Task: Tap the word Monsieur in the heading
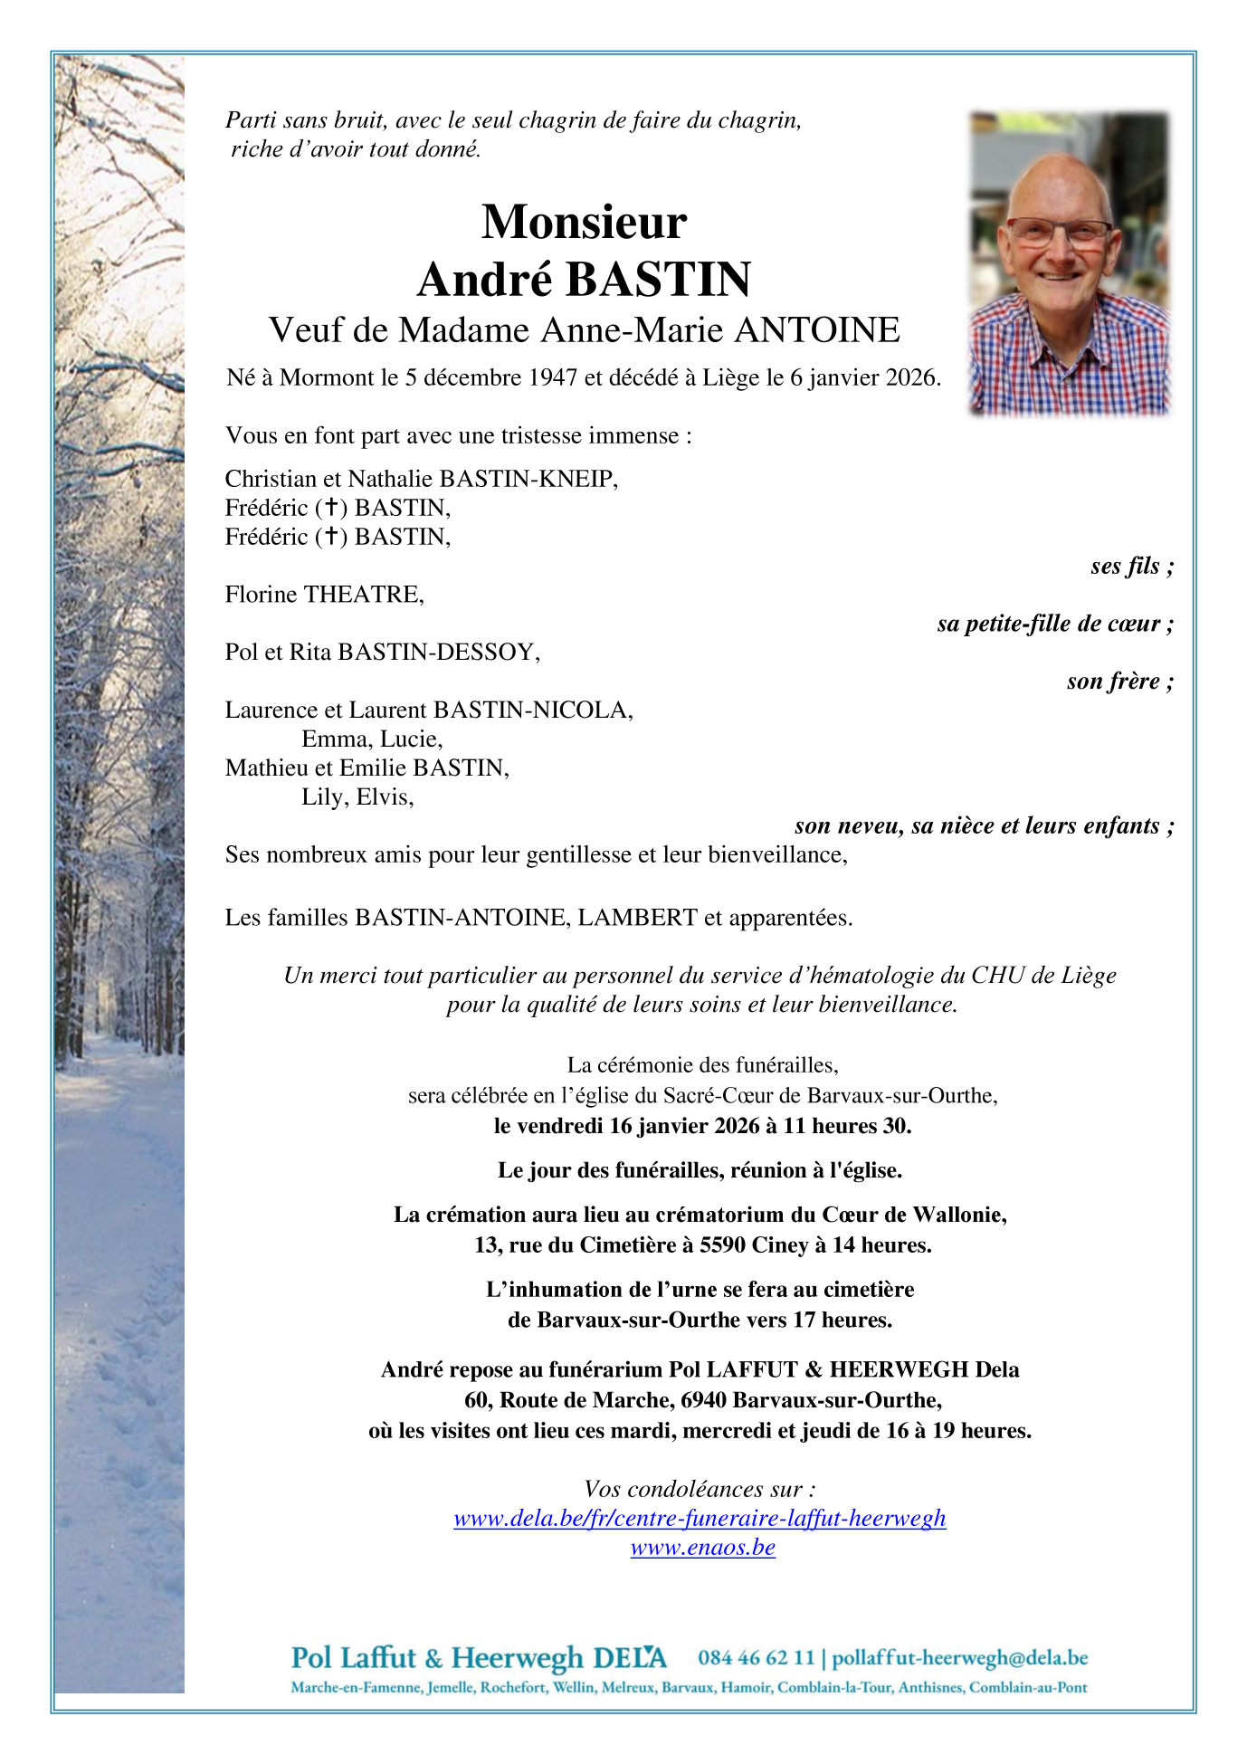(x=584, y=222)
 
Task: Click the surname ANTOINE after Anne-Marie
(x=816, y=330)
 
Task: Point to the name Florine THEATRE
(x=324, y=595)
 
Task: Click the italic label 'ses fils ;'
(x=1131, y=567)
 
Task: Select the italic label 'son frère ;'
(x=1119, y=682)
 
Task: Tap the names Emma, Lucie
(x=372, y=739)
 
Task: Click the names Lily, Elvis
(x=357, y=797)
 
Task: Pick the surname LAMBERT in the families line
(x=637, y=918)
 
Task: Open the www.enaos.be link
(x=702, y=1547)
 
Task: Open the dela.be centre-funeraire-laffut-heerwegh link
(x=700, y=1518)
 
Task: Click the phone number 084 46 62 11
(x=756, y=1658)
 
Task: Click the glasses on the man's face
(x=1059, y=232)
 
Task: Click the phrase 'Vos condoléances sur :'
(x=700, y=1489)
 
